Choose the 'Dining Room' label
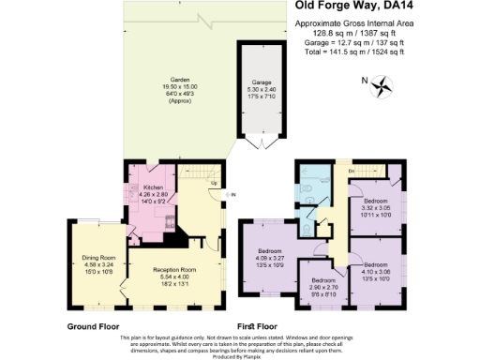pyautogui.click(x=97, y=245)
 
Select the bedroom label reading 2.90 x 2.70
pyautogui.click(x=323, y=280)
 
